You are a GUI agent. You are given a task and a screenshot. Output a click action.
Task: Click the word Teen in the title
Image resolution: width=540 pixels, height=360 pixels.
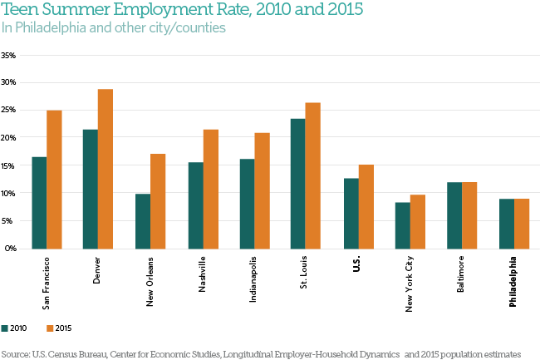(20, 11)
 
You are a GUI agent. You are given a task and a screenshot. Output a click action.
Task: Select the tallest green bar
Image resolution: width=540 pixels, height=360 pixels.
(297, 183)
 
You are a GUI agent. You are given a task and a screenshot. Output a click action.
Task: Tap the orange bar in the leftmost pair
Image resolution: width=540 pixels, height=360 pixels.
(54, 180)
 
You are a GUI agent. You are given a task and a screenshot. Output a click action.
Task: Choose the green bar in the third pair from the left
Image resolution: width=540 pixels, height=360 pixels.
(143, 221)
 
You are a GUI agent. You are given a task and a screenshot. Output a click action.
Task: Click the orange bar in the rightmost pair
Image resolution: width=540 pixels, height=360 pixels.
(522, 224)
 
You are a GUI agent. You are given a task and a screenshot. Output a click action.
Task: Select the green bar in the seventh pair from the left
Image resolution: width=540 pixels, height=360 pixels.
(351, 213)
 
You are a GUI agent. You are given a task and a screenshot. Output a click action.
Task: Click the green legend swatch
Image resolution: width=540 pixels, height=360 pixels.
(5, 328)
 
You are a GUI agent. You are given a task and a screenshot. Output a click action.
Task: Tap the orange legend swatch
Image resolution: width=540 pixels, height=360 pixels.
(50, 328)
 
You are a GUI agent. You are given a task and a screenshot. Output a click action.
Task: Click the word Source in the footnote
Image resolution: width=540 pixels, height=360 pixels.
(15, 353)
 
